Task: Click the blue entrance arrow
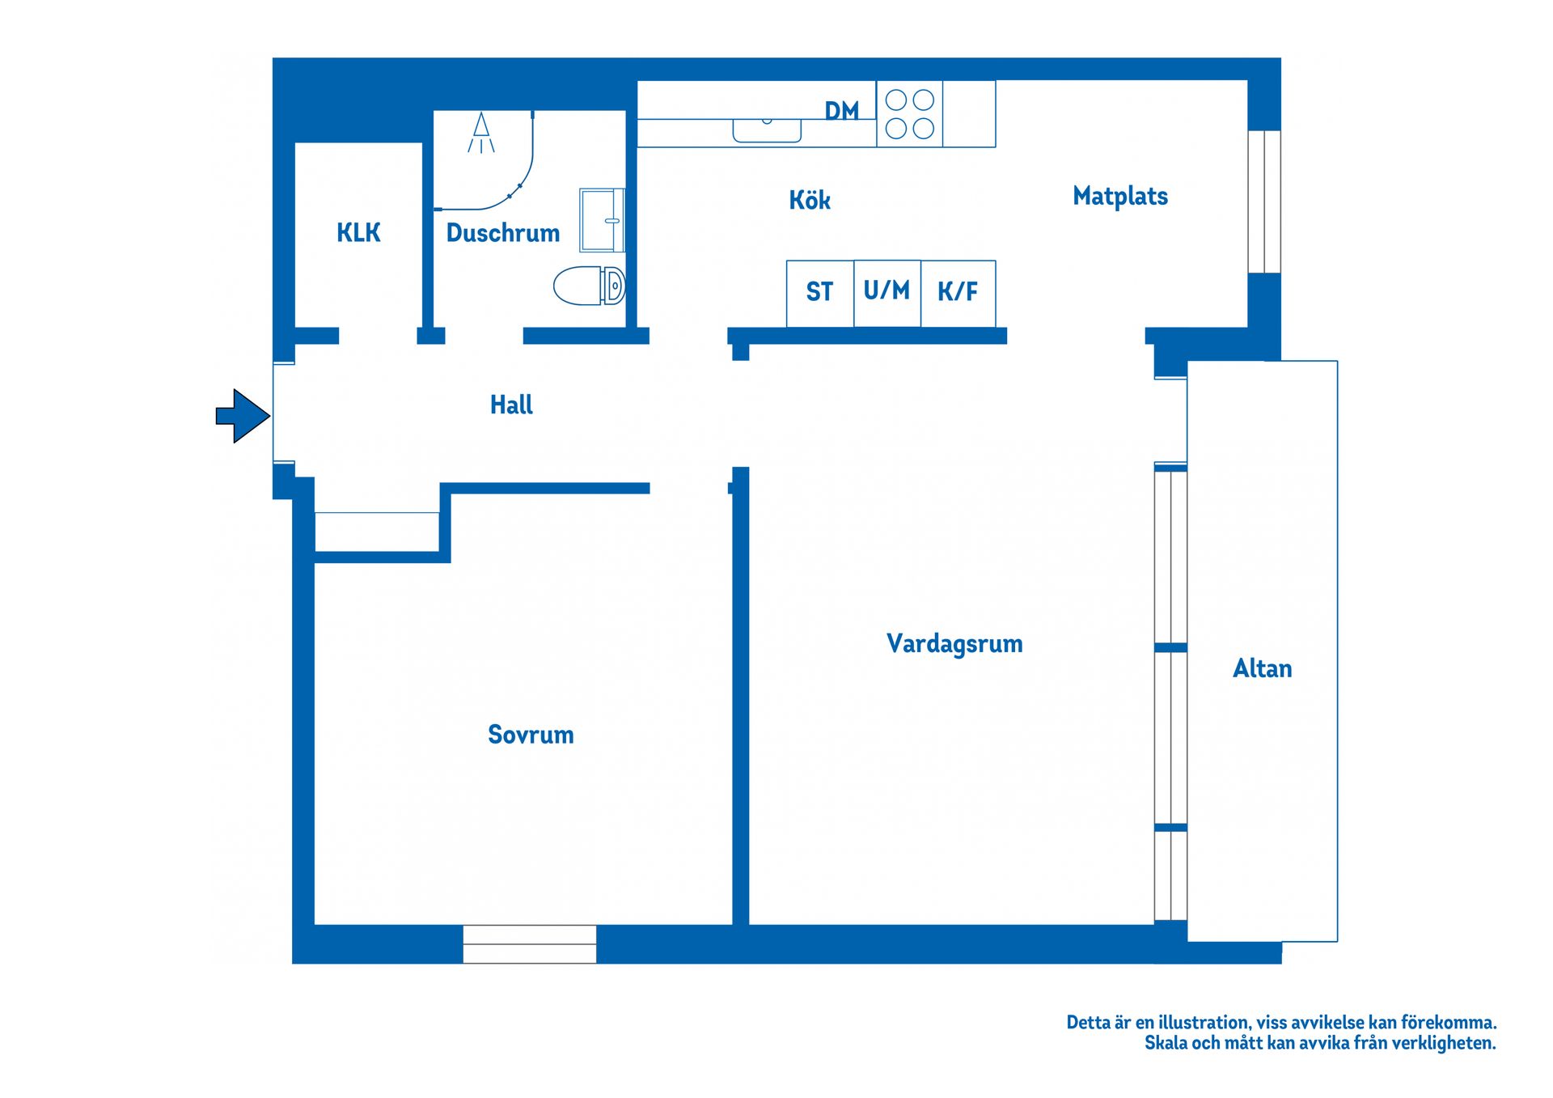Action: (243, 416)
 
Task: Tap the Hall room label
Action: (511, 405)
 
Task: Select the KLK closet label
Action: (358, 233)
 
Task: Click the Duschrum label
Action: (503, 233)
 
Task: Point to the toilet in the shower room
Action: (589, 286)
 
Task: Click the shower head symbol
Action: (481, 133)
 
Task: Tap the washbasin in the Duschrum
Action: (603, 220)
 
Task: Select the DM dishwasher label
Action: (842, 111)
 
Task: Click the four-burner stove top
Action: (910, 114)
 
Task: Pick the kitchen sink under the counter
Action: (767, 130)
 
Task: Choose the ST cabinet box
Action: (820, 294)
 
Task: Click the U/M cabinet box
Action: (887, 294)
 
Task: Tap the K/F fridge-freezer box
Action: (958, 294)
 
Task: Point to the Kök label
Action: (810, 199)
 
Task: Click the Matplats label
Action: (1120, 196)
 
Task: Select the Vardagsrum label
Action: (954, 644)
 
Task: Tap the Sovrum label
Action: (531, 735)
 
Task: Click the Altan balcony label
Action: (1262, 668)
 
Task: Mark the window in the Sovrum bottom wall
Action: (530, 944)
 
